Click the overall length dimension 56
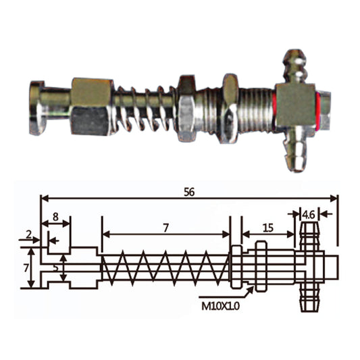pyautogui.click(x=188, y=192)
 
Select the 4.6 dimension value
pyautogui.click(x=309, y=214)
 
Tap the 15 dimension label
pyautogui.click(x=268, y=228)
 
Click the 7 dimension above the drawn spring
pyautogui.click(x=165, y=228)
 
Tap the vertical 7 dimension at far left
pyautogui.click(x=26, y=267)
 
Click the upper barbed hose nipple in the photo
pyautogui.click(x=294, y=65)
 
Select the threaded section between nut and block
pyautogui.click(x=257, y=107)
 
